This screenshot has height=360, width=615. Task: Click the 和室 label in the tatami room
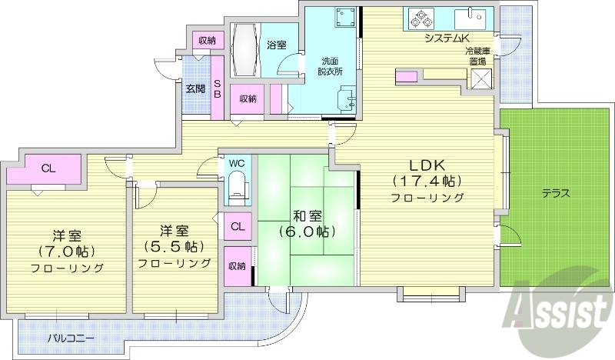click(x=306, y=215)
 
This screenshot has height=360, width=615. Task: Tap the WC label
click(x=236, y=164)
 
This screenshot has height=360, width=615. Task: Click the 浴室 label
click(x=277, y=45)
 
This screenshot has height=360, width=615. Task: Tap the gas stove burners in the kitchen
click(x=422, y=17)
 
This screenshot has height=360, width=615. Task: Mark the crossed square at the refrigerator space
click(x=481, y=79)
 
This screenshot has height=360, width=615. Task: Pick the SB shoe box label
click(x=218, y=88)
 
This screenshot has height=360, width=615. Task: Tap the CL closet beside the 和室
click(x=238, y=226)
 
